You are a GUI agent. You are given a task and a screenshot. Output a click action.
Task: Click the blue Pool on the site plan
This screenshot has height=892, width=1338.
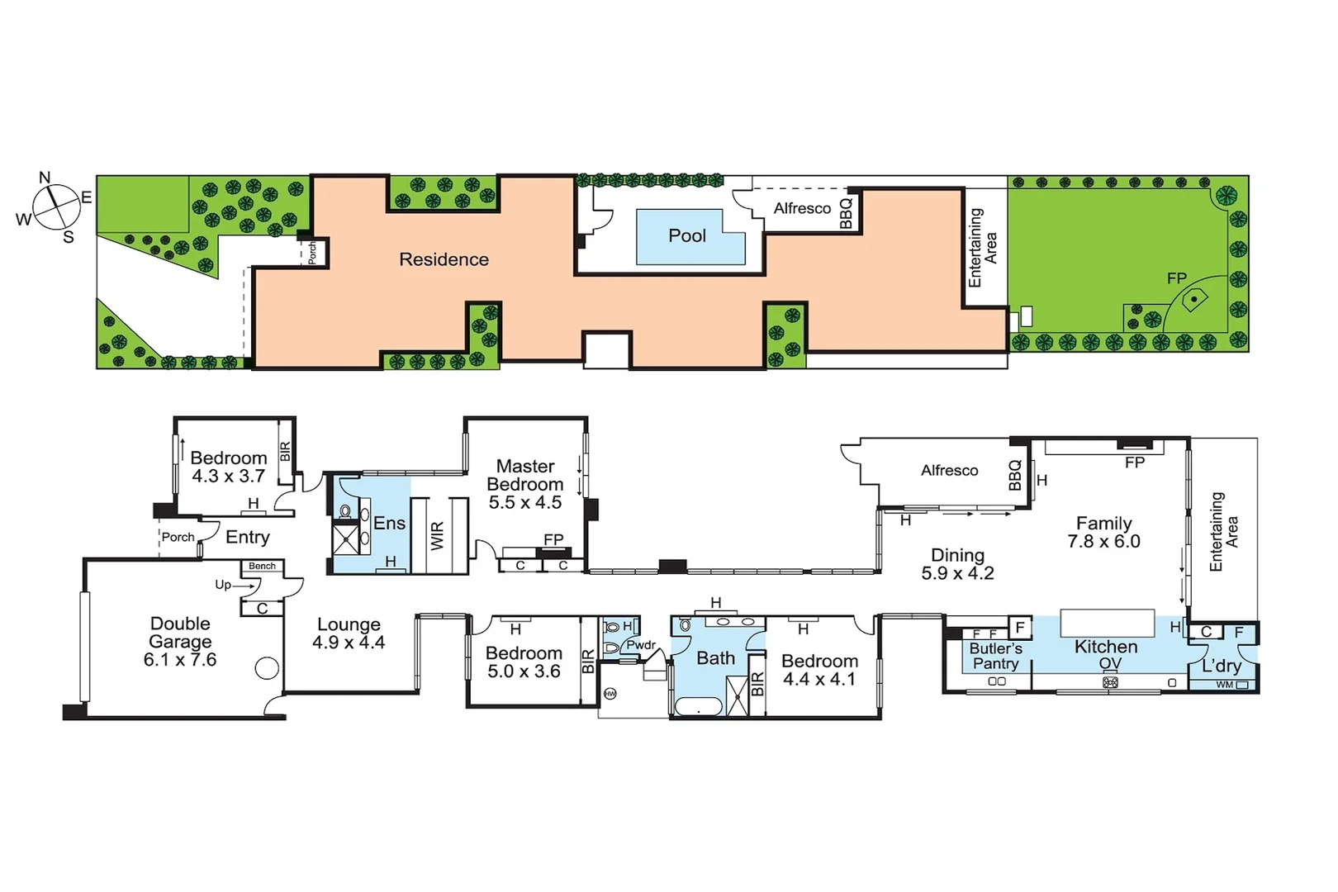click(x=688, y=237)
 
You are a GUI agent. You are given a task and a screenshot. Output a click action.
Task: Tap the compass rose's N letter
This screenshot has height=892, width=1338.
click(x=45, y=178)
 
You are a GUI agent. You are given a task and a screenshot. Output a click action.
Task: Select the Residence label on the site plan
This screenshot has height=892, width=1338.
click(x=444, y=259)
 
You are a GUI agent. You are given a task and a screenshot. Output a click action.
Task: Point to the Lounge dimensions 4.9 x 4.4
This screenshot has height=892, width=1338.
click(x=349, y=643)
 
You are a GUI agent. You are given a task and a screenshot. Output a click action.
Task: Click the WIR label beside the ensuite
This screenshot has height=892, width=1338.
click(x=438, y=536)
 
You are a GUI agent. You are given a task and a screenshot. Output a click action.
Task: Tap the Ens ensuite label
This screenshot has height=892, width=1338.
click(x=389, y=524)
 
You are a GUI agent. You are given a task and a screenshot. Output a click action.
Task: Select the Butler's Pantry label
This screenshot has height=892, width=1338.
click(x=995, y=657)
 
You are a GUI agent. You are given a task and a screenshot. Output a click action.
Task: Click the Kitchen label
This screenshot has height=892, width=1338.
click(x=1106, y=647)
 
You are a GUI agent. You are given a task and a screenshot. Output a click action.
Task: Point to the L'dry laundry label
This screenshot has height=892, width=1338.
click(x=1222, y=666)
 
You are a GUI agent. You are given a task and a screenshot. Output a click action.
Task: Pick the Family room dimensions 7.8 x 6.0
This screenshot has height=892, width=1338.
click(x=1103, y=542)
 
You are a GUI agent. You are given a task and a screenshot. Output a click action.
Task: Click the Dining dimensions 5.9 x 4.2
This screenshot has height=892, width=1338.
click(x=957, y=573)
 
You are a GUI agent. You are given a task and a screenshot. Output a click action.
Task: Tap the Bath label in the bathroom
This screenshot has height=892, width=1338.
click(x=715, y=658)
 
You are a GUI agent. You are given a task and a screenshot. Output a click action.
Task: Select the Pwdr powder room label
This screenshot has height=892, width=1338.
click(x=641, y=645)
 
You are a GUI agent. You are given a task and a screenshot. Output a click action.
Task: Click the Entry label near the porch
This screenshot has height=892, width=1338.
click(x=248, y=538)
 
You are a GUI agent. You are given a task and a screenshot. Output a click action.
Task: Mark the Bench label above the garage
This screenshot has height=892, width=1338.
click(x=263, y=567)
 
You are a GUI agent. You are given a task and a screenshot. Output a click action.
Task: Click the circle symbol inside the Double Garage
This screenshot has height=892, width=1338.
click(x=267, y=668)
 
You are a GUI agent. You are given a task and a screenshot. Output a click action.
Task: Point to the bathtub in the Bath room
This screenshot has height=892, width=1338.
click(x=699, y=707)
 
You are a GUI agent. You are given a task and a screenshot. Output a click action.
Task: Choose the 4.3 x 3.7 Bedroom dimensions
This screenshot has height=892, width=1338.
click(x=229, y=477)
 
